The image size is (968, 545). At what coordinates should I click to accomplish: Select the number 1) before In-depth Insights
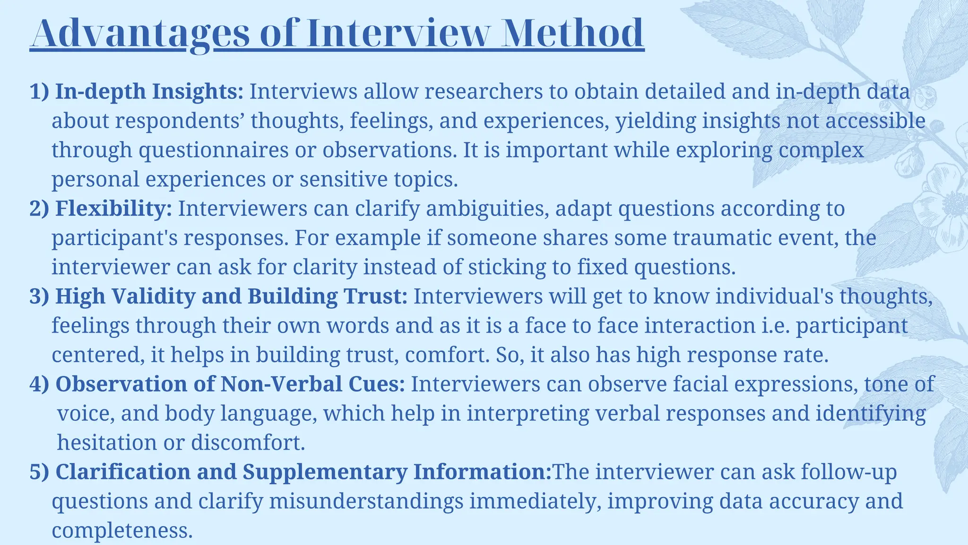[39, 91]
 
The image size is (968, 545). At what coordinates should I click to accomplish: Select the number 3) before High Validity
[39, 297]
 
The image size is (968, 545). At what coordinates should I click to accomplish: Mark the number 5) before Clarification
[39, 472]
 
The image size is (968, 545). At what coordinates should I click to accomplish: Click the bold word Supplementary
[325, 472]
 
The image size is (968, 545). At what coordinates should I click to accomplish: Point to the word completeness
[122, 531]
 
